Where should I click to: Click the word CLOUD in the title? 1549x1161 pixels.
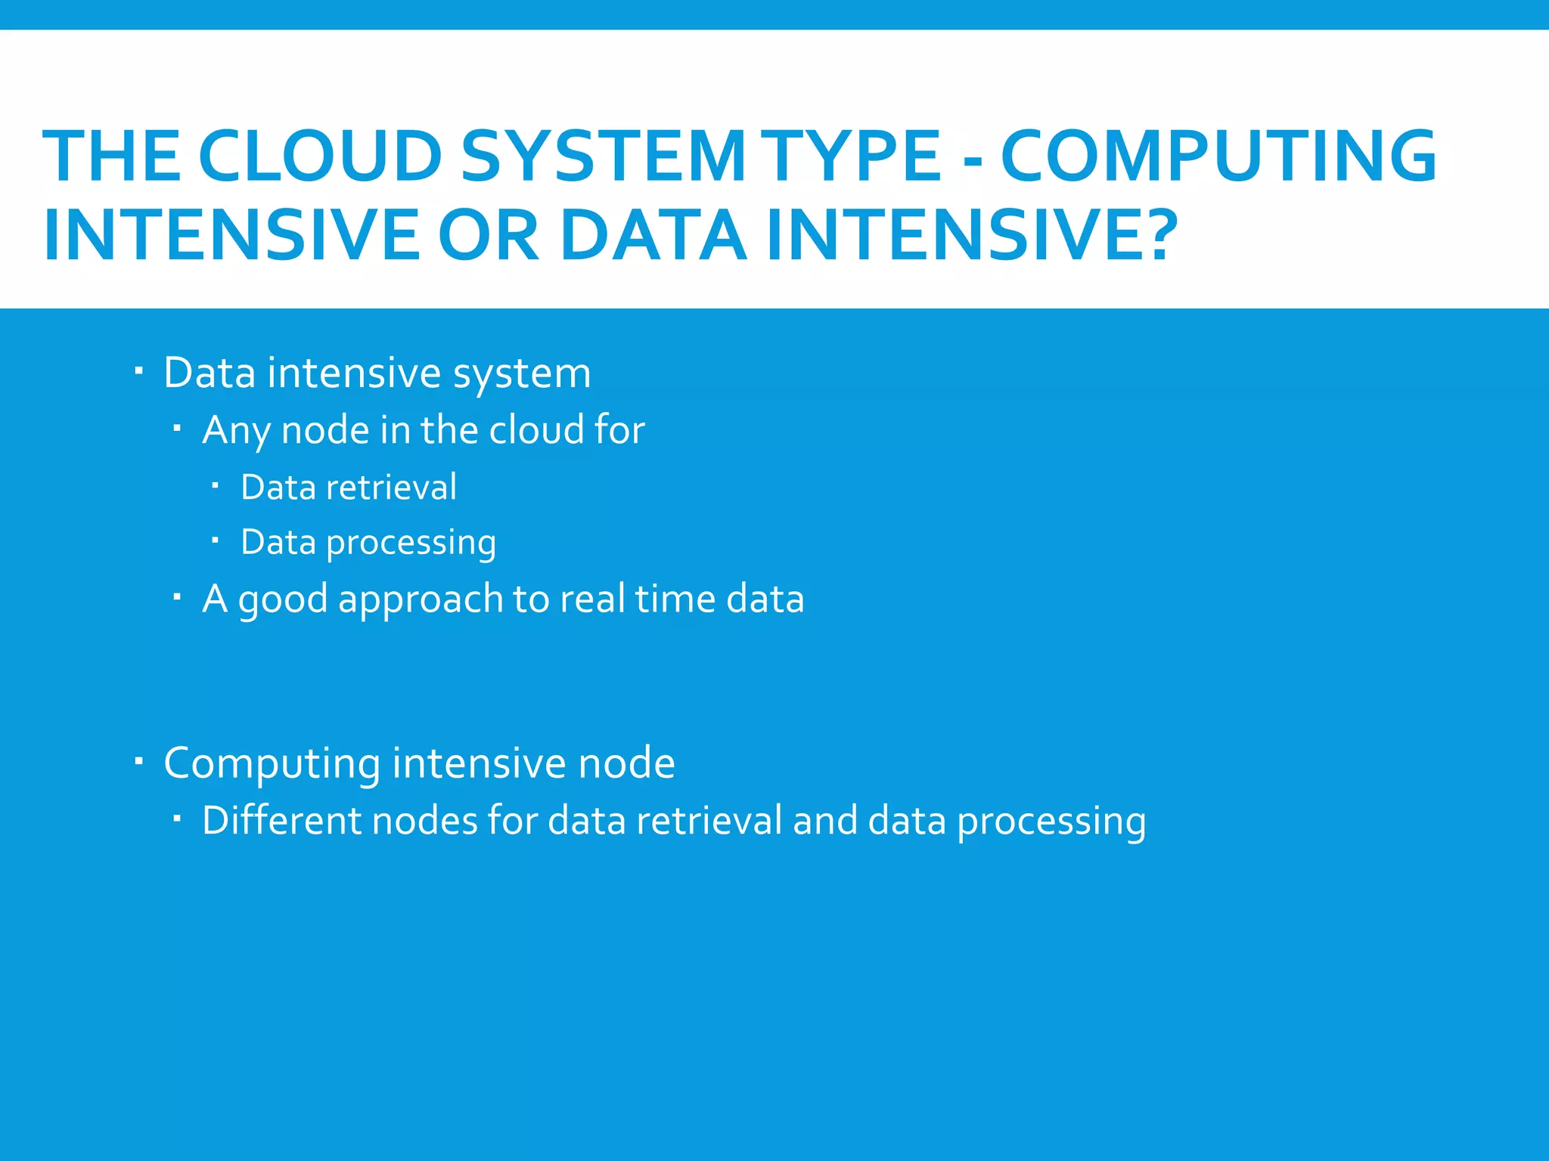[319, 156]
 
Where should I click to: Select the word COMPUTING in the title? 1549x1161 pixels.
[1218, 156]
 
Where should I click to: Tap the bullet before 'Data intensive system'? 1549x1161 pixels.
[138, 371]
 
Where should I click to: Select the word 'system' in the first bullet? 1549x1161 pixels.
[522, 373]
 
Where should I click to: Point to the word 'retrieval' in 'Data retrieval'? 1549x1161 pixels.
[391, 487]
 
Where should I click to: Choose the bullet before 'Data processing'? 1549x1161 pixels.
[215, 540]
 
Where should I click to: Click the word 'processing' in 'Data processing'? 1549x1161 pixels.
[411, 543]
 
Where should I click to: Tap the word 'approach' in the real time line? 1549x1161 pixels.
[420, 599]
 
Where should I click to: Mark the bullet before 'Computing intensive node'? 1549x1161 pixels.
[138, 761]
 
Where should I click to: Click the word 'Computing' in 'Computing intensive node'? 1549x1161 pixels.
[272, 763]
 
